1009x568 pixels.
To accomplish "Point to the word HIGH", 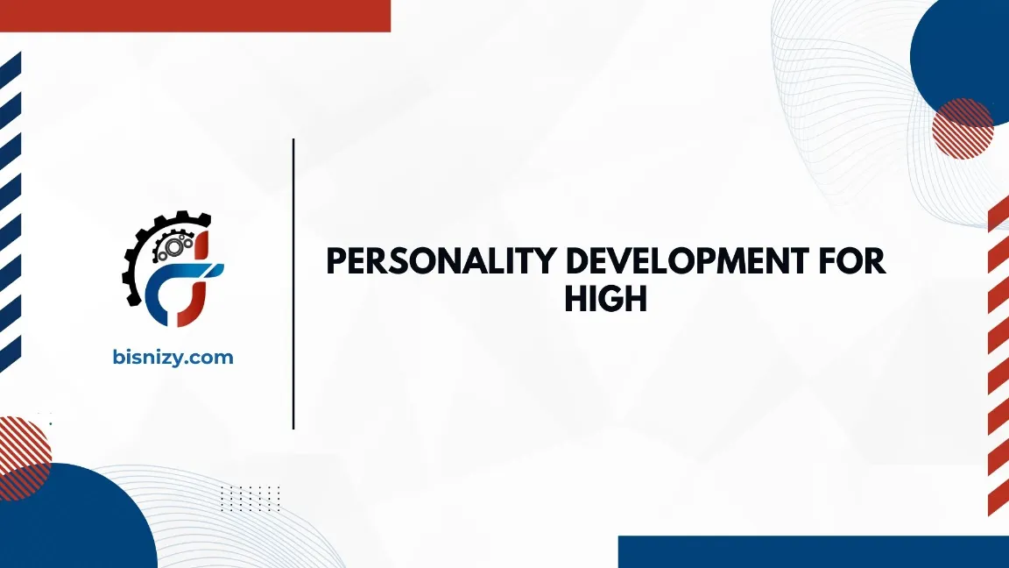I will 605,299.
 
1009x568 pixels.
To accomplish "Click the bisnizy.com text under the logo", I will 173,357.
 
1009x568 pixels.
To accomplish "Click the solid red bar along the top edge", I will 194,15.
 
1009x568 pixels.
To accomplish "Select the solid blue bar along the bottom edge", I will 813,551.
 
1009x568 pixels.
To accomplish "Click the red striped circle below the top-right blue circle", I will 963,129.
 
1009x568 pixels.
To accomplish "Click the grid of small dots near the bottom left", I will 250,498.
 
